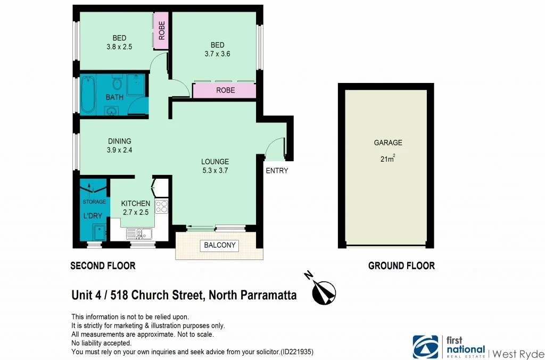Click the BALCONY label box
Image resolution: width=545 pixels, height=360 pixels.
219,246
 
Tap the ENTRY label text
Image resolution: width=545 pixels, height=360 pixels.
277,171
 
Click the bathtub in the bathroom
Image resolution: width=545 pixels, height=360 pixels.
88,95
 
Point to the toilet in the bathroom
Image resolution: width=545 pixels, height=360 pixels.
118,83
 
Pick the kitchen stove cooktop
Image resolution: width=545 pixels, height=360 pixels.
162,206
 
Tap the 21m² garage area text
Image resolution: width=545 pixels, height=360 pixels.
387,158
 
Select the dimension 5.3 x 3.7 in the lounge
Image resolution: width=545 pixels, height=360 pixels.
214,171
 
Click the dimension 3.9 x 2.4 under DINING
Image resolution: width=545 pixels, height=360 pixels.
120,150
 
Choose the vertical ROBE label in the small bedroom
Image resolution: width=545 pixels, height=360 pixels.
161,30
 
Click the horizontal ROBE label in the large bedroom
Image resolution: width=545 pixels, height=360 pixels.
225,90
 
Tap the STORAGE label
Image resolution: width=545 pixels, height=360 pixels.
94,202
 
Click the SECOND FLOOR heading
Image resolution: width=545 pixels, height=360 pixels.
103,265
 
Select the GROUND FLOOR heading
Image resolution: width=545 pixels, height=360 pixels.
401,265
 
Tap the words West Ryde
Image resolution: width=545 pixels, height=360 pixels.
518,353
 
